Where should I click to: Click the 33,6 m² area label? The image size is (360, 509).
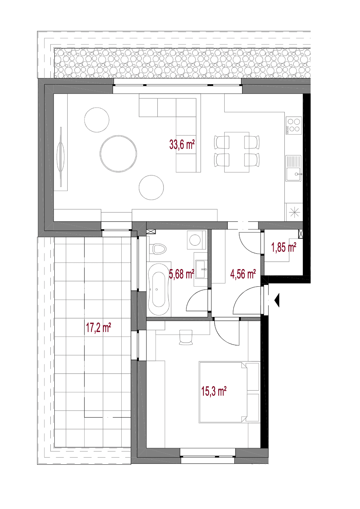pos(182,144)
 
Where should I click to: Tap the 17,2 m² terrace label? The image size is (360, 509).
pos(98,328)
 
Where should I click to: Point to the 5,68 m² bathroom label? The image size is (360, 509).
pos(181,274)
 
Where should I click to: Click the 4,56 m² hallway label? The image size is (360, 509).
pos(243,274)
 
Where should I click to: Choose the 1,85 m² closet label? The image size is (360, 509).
pos(284,247)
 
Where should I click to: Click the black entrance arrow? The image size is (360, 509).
pos(277,300)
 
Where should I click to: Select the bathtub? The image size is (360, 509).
pos(158,290)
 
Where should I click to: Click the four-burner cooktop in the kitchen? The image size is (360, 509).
pos(294,126)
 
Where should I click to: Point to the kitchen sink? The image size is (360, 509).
pos(294,168)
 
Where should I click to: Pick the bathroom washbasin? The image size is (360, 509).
pos(201,269)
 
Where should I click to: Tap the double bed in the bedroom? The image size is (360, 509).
pos(229,392)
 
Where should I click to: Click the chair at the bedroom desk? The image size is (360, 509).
pos(186,337)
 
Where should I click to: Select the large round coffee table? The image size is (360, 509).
pos(118,154)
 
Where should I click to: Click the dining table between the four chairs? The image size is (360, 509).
pos(237,152)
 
